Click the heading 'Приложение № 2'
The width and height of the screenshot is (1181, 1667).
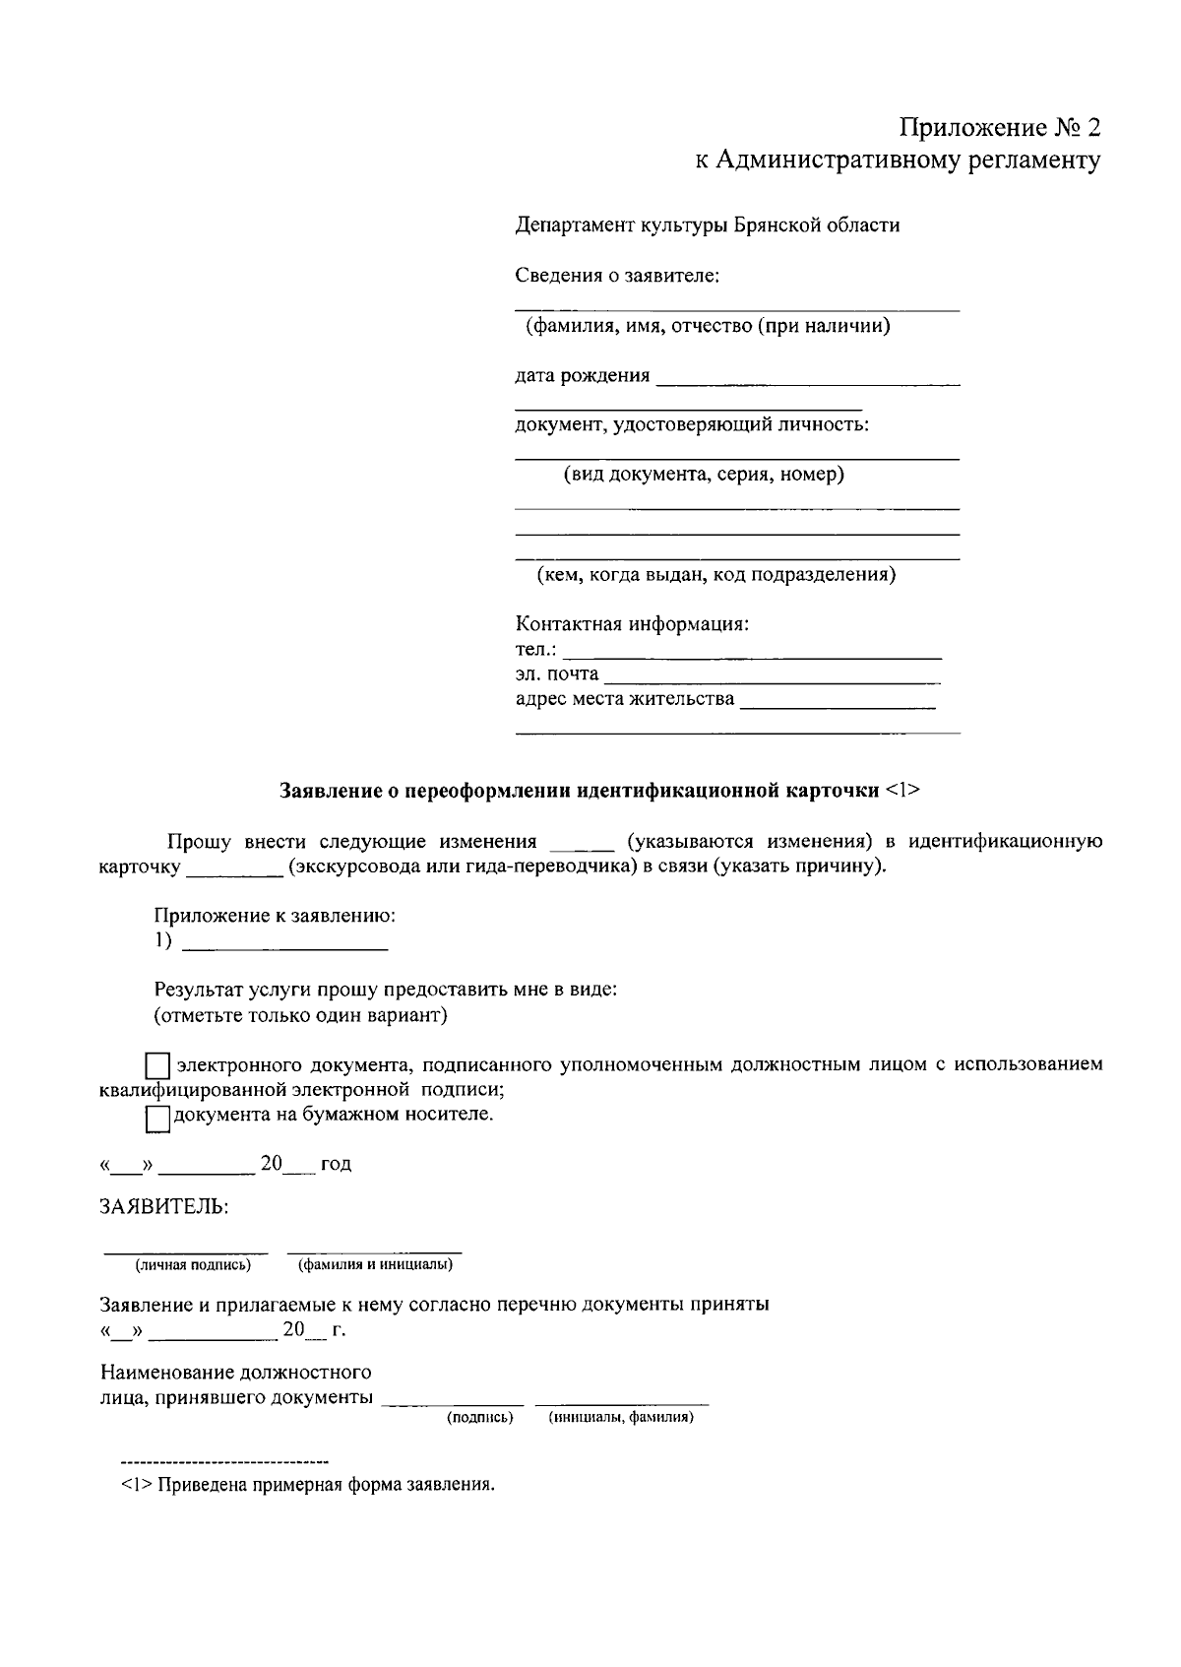(x=998, y=128)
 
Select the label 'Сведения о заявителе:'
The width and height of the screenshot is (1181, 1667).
(x=617, y=276)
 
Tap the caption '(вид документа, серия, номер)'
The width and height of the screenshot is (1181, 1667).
(x=703, y=475)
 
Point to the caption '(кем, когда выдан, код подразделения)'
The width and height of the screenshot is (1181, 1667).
(x=715, y=575)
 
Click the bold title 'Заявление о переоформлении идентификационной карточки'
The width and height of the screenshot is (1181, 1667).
(x=580, y=791)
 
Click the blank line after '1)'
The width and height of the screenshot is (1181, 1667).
(x=285, y=944)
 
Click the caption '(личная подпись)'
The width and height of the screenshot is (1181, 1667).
(x=193, y=1264)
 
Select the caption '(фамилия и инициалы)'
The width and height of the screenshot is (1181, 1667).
(x=375, y=1264)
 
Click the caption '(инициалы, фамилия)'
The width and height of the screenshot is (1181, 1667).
(x=621, y=1418)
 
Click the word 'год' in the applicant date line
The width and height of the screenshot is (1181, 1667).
(x=336, y=1165)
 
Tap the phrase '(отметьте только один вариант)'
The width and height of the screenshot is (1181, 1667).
(x=300, y=1015)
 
